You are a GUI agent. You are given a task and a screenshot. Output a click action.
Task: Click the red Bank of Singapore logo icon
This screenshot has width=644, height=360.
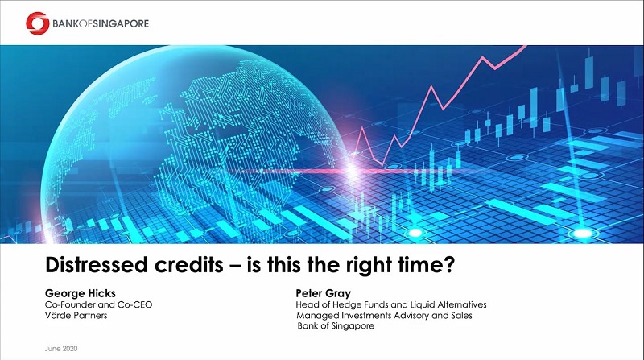[x=37, y=23]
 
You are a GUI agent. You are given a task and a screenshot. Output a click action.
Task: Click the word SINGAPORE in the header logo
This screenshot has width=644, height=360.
[x=121, y=24]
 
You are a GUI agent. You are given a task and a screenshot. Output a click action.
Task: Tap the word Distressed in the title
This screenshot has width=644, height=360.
[x=97, y=265]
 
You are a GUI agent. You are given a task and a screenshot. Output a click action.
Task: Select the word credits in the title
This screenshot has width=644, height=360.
[x=189, y=265]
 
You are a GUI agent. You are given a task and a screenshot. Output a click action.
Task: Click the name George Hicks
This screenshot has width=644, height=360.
[x=80, y=293]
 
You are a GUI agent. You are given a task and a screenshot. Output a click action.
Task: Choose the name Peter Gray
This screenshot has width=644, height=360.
[x=324, y=293]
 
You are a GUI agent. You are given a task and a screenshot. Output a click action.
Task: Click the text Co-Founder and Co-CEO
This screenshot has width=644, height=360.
[x=98, y=305]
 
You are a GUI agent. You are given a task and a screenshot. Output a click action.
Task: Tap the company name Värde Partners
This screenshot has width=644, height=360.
[x=76, y=316]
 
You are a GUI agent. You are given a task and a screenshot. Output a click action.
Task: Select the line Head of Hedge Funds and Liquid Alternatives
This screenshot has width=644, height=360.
[x=391, y=305]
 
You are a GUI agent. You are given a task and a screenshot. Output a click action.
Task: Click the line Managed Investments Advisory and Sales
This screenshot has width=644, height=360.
[x=385, y=316]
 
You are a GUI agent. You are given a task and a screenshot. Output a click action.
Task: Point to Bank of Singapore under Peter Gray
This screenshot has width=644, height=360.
[x=336, y=326]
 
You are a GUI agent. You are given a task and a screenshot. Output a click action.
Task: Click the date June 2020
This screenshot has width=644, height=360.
[x=61, y=349]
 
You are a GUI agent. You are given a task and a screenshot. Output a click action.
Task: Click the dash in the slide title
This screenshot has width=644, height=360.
[x=235, y=266]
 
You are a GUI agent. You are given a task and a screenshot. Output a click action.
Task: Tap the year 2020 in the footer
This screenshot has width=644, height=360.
[x=70, y=349]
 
